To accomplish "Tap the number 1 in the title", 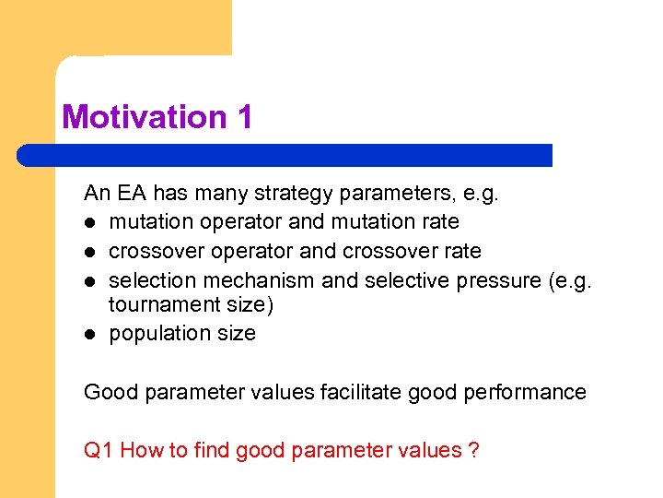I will (242, 117).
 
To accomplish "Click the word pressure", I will (496, 280).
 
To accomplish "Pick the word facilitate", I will (361, 392).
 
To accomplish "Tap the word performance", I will (529, 392).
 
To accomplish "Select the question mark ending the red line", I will (473, 450).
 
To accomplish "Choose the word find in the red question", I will (214, 450).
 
